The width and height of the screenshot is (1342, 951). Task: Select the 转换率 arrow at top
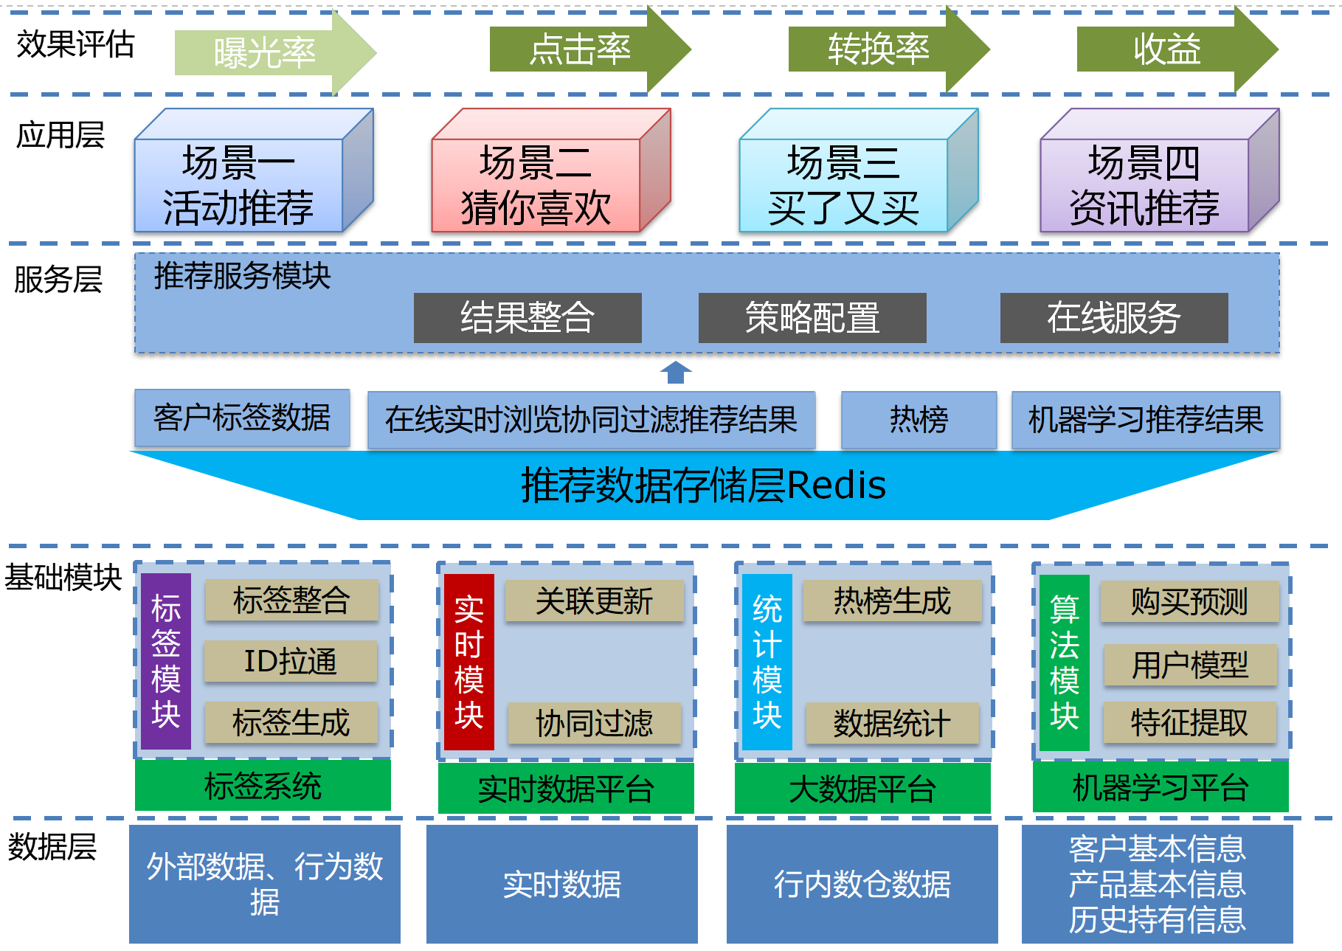878,49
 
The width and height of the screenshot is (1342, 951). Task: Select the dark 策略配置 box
812,318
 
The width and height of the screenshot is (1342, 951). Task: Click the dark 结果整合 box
528,318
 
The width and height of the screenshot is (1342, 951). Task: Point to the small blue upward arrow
675,373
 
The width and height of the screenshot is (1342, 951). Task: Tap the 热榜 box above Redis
919,420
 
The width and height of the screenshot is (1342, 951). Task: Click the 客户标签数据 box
242,418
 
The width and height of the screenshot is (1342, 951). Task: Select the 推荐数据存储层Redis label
703,485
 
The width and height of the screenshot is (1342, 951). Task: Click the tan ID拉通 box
291,661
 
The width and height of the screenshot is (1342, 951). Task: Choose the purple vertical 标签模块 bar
166,661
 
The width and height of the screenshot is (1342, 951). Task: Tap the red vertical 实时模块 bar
469,662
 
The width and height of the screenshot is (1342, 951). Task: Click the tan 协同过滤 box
594,723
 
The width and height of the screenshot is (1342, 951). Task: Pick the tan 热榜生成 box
892,601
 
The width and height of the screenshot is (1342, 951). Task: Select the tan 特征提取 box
1189,722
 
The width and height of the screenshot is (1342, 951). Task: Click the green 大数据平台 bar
862,789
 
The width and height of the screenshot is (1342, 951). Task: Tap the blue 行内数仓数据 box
862,884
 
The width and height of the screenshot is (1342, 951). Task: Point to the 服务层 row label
58,280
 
